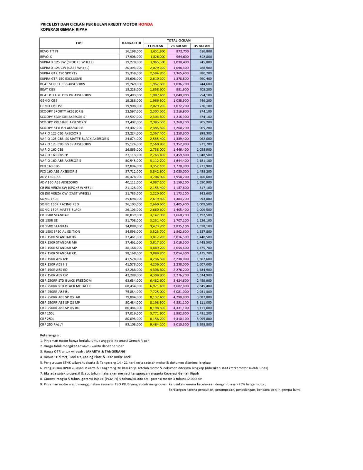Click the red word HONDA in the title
[145, 24]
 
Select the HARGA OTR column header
[131, 43]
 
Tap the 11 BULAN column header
[155, 46]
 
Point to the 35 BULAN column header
[202, 46]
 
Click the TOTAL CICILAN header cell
[179, 41]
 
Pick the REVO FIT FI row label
[49, 51]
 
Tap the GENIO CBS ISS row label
[51, 106]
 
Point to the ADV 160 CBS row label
[50, 177]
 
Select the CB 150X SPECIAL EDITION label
[60, 231]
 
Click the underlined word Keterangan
[49, 335]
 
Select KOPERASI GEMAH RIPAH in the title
[64, 29]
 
